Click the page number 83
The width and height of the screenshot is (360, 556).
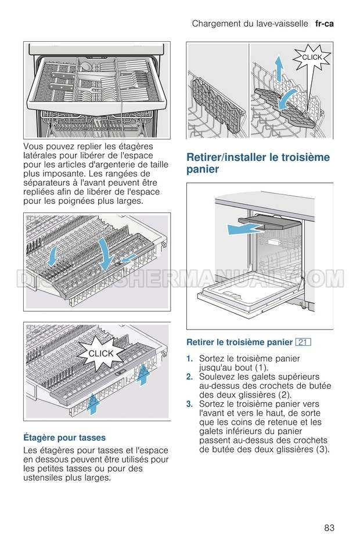click(329, 528)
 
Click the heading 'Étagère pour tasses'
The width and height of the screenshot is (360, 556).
click(64, 437)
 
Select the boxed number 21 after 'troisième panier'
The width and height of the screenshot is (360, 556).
click(303, 342)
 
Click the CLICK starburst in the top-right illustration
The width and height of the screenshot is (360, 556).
click(312, 57)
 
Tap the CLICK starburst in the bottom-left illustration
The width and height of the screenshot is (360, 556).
click(100, 353)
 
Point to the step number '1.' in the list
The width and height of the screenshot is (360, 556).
click(189, 359)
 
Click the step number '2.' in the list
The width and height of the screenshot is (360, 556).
click(189, 377)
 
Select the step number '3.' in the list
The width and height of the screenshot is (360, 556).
click(189, 404)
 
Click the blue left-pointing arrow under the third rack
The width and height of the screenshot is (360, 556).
click(240, 230)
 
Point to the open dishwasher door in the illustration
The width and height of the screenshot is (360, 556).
click(244, 294)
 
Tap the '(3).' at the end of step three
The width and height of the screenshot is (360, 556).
click(321, 449)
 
